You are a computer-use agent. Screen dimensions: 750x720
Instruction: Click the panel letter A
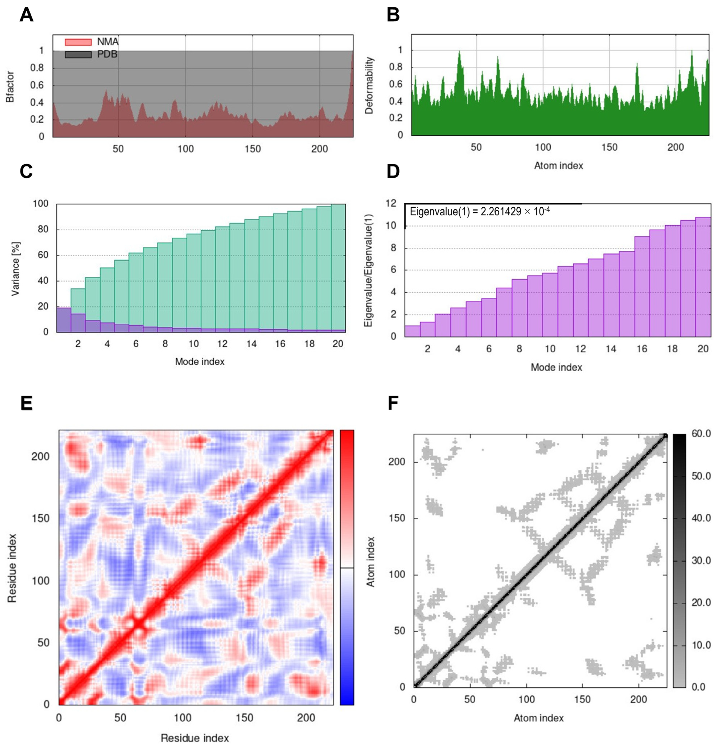click(x=26, y=15)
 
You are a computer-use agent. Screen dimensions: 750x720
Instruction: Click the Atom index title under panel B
click(x=558, y=166)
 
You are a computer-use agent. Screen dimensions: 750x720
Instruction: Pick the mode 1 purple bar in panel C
click(x=64, y=320)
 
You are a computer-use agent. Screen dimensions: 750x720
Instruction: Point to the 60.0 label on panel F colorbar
click(x=701, y=434)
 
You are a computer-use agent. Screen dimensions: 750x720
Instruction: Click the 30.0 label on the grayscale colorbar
click(x=701, y=561)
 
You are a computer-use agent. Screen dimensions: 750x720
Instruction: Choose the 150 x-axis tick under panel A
click(x=253, y=149)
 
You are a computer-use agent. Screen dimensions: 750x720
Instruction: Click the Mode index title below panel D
click(x=556, y=367)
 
